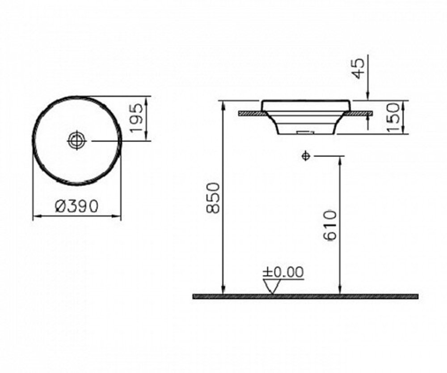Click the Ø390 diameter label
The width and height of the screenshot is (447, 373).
tap(76, 206)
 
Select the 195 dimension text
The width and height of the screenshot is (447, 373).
tap(136, 118)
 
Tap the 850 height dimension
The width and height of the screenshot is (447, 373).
tap(213, 198)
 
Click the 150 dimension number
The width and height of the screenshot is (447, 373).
tap(394, 117)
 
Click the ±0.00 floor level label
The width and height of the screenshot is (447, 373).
tap(283, 272)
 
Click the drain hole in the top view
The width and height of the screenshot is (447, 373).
tap(76, 140)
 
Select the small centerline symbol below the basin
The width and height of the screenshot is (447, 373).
tap(306, 156)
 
